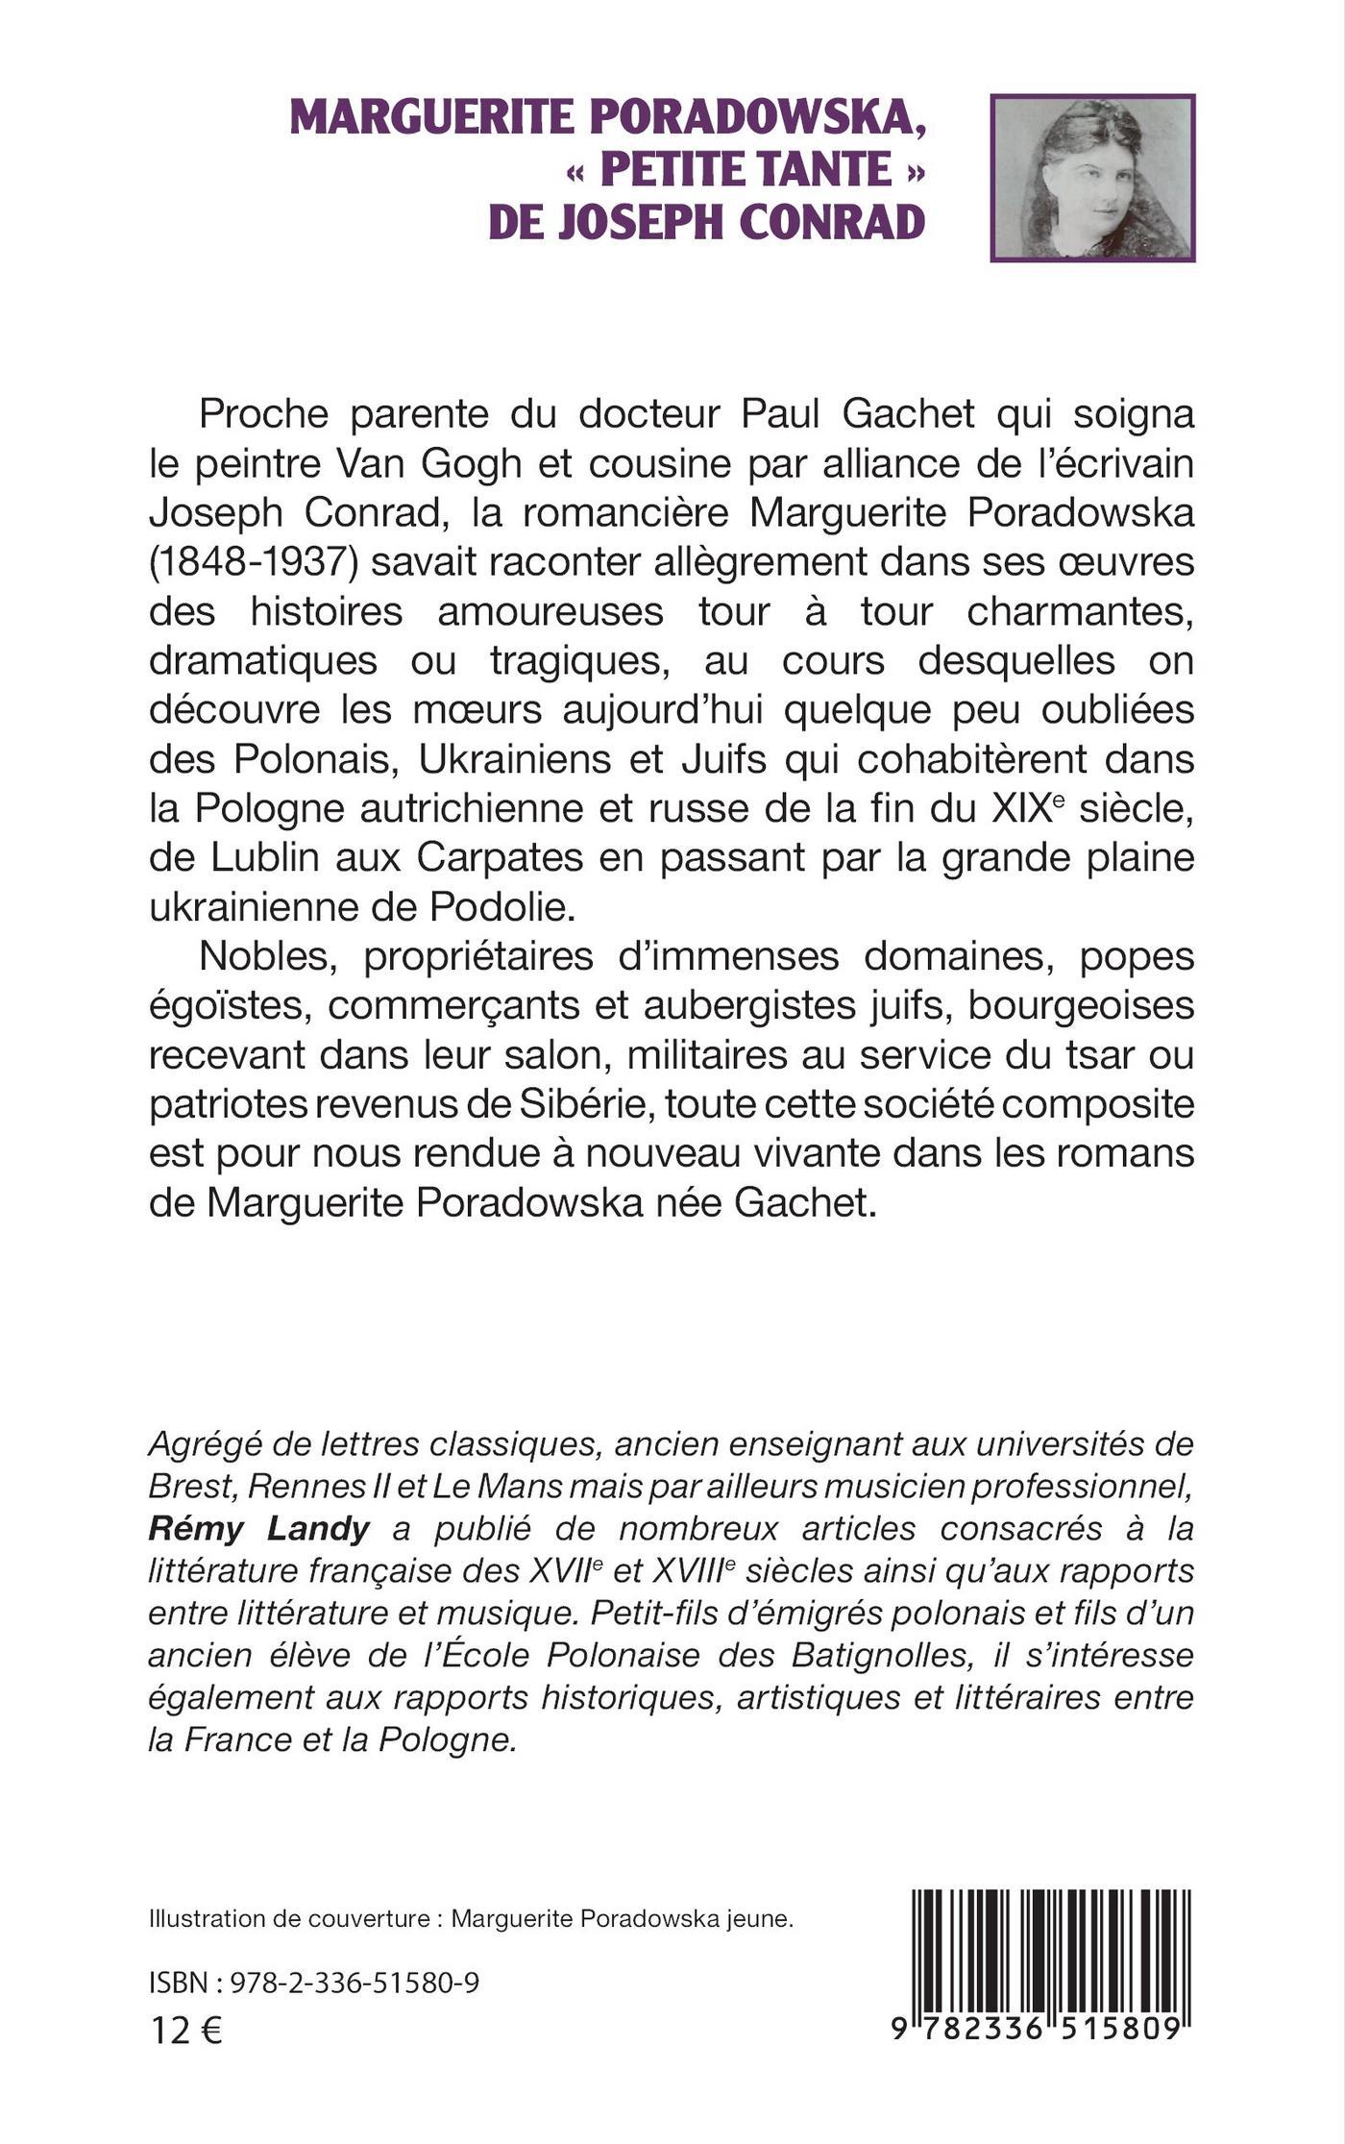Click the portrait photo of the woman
(1092, 178)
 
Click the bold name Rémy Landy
(259, 1528)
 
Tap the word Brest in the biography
(190, 1487)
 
